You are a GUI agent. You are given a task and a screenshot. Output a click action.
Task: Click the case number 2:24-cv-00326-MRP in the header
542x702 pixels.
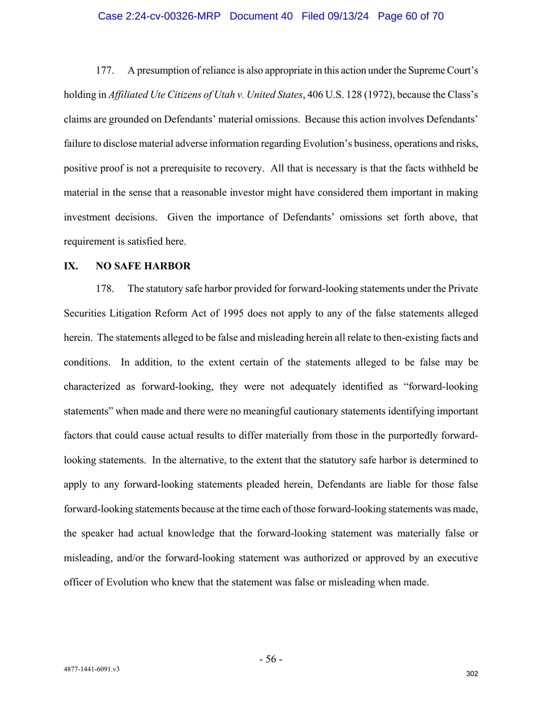(x=159, y=16)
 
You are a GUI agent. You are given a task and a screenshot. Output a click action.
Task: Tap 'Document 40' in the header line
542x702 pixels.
(x=261, y=16)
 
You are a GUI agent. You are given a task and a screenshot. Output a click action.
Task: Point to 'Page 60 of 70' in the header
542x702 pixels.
(x=410, y=16)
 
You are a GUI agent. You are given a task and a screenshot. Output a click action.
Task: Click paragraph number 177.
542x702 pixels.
(x=104, y=70)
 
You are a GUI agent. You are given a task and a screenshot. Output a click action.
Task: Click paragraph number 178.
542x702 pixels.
(x=104, y=289)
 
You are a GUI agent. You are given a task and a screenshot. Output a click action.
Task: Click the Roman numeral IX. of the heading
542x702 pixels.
(x=71, y=266)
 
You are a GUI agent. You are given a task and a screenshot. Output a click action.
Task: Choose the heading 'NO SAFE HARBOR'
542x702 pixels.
(x=143, y=266)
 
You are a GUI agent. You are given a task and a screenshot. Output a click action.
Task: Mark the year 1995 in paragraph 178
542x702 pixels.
(x=233, y=314)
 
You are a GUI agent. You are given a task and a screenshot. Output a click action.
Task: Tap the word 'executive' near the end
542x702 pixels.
(x=456, y=558)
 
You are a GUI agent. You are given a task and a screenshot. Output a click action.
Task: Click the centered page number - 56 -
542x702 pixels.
(x=271, y=659)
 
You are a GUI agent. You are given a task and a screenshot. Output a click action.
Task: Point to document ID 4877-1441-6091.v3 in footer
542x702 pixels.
(x=91, y=669)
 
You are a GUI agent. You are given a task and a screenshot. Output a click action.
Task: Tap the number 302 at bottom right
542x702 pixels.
(x=472, y=674)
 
